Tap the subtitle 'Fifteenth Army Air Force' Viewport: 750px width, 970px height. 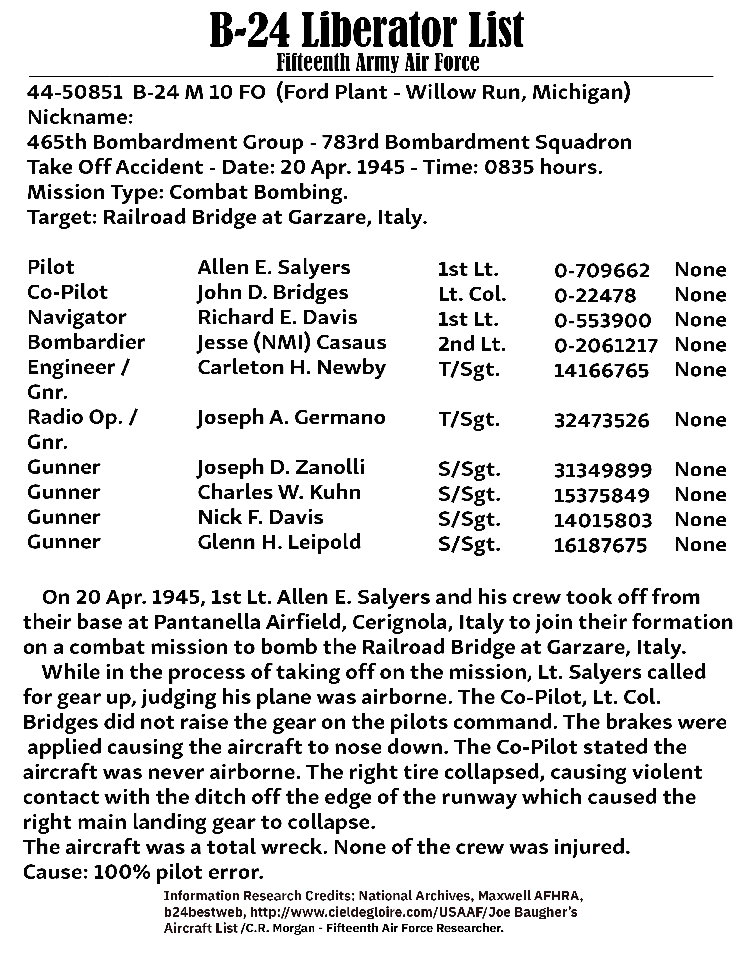point(378,62)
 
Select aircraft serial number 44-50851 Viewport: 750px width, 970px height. point(75,92)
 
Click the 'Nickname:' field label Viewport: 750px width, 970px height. point(80,118)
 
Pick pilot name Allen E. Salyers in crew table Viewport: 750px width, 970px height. point(274,267)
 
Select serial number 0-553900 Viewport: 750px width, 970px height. point(602,320)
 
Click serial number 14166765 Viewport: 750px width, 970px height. point(601,370)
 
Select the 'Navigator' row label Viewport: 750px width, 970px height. point(77,317)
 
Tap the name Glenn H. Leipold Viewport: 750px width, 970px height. point(279,542)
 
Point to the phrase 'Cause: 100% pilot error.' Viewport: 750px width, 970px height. point(143,872)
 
